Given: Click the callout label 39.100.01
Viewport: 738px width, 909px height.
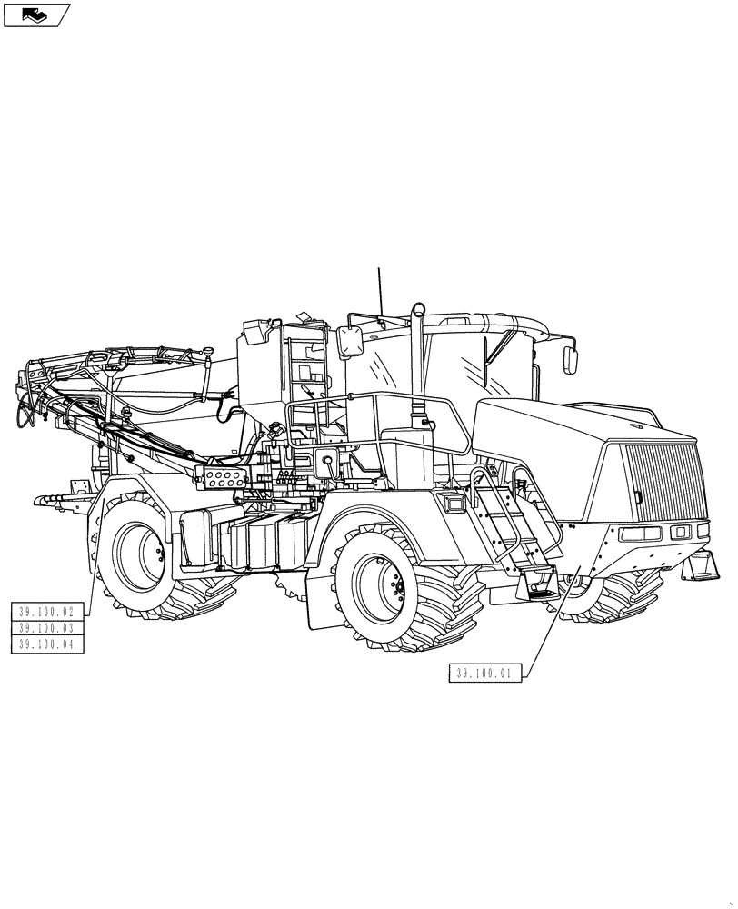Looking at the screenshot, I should pyautogui.click(x=484, y=674).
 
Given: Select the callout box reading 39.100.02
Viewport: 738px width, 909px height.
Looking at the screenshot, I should pyautogui.click(x=46, y=612).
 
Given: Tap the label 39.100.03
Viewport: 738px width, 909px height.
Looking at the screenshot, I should pyautogui.click(x=46, y=628).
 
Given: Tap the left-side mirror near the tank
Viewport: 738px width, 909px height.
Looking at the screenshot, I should pyautogui.click(x=351, y=343).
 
